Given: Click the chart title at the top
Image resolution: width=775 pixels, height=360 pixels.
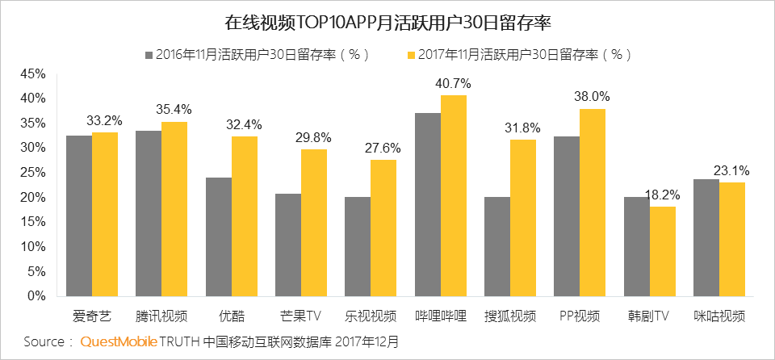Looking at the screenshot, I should (387, 22).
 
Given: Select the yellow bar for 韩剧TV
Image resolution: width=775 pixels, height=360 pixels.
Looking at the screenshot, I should (663, 251).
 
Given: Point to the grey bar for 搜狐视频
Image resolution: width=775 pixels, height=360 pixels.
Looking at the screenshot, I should (497, 246).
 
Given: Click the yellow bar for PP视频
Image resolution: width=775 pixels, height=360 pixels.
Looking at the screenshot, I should (593, 203).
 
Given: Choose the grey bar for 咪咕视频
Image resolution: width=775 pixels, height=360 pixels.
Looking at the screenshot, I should (706, 237).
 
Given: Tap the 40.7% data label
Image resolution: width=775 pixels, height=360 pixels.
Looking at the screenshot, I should (453, 83).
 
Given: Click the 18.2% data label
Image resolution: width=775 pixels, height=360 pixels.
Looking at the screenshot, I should (663, 195).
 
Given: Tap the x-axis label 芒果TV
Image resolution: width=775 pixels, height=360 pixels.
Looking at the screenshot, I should (301, 316).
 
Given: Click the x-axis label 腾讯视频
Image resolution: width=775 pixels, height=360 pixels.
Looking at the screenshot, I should (161, 316).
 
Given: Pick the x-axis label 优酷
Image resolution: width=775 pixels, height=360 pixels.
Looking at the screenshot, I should (232, 316).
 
